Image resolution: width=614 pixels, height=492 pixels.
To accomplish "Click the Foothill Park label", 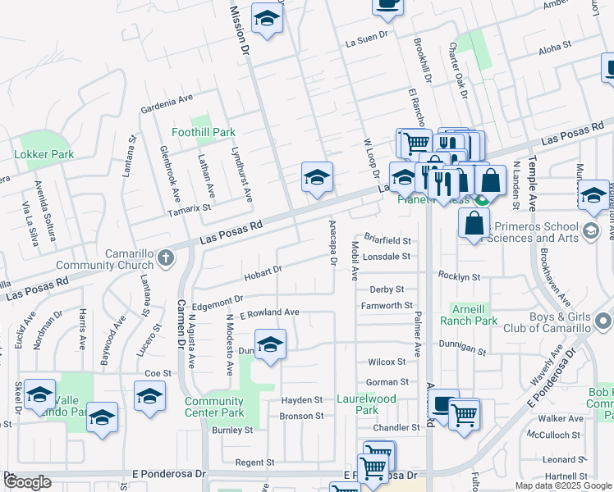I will pos(203,132).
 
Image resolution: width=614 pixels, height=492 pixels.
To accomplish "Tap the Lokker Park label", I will pos(44,154).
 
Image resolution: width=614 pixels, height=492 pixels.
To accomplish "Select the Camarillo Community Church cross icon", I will pos(165,259).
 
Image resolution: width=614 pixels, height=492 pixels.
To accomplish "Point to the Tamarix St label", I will pos(190,208).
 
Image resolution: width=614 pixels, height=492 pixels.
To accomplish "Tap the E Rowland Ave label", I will pos(269,313).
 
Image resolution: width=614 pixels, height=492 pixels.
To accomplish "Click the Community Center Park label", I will pos(214,407).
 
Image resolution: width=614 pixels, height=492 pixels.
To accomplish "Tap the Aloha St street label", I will pos(555,49).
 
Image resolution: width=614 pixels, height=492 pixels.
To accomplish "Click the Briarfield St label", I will pos(387,241).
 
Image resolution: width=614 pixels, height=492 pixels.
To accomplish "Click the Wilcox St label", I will pos(387,362).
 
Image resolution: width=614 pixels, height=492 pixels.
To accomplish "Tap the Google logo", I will pos(27,482).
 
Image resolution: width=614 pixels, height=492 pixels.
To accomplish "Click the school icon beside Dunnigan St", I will pos(269,345).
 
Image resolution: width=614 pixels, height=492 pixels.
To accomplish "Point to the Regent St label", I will pos(254,463).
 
